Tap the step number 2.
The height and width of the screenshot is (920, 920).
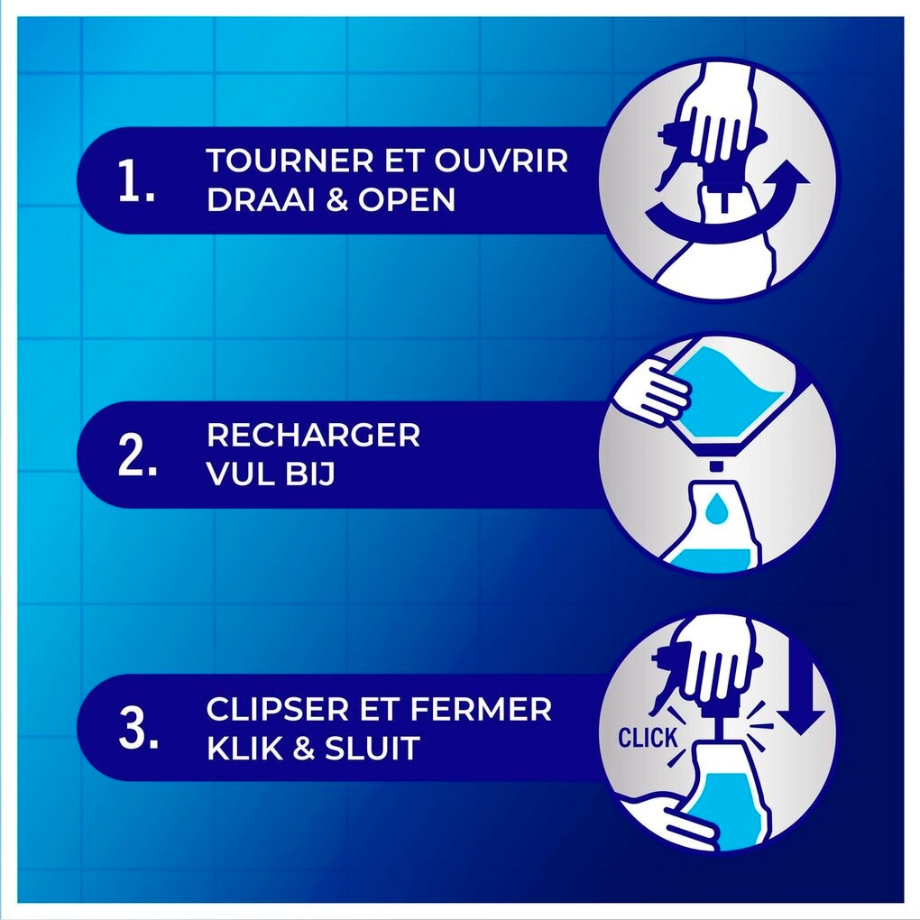coord(137,455)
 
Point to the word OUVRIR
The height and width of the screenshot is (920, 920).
coord(501,161)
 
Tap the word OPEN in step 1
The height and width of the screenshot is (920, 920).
coord(407,199)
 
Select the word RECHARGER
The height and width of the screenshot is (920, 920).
coord(313,435)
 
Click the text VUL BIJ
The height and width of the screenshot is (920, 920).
coord(271,474)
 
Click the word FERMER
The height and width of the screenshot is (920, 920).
coord(481,709)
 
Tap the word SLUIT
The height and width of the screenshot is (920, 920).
coord(373,748)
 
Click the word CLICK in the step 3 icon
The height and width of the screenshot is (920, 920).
coord(648,738)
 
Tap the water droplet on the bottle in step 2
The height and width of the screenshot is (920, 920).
coord(715,508)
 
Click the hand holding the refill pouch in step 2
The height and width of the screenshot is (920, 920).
coord(651,392)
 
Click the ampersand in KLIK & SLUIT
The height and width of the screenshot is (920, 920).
coord(304,748)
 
